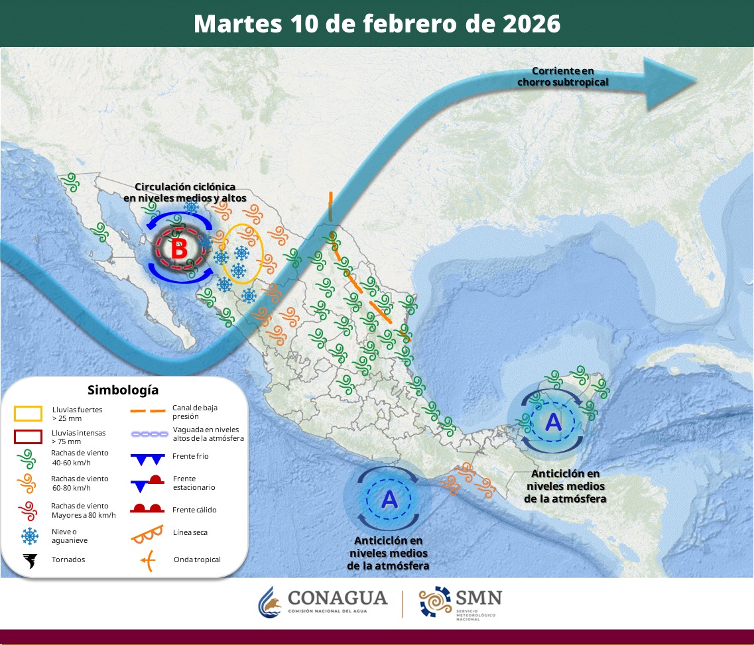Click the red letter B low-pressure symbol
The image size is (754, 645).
click(178, 250)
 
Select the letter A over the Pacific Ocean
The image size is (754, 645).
click(389, 498)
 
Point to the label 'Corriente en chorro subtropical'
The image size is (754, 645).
click(562, 77)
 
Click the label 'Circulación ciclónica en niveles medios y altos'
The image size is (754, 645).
click(185, 192)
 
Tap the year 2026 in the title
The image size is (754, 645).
click(530, 24)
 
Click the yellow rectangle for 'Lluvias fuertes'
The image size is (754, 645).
click(29, 414)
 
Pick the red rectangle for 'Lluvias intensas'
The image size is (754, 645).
click(29, 436)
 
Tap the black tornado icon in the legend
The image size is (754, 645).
click(29, 561)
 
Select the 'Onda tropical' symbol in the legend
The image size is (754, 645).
click(148, 561)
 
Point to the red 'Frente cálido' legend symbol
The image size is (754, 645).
click(148, 509)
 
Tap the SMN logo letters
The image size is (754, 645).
click(477, 597)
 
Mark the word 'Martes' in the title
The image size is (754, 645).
click(238, 24)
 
